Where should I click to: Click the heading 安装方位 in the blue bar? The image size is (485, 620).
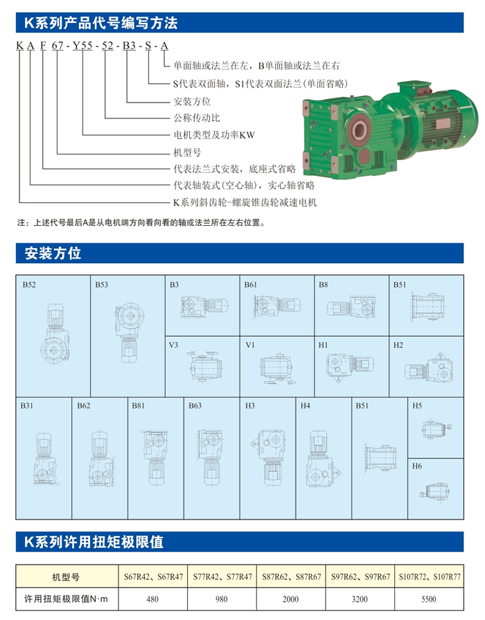[x=53, y=253]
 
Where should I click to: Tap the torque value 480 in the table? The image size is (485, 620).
[x=152, y=599]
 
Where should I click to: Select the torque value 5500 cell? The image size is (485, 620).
[x=429, y=599]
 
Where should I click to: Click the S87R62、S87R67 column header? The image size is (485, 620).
[x=291, y=576]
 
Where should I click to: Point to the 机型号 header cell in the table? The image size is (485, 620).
[x=66, y=577]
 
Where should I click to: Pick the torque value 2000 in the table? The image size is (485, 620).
[x=290, y=599]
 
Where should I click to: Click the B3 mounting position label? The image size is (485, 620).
[x=174, y=285]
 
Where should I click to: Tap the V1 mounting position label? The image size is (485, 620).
[x=250, y=345]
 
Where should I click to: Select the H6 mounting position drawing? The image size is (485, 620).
[x=435, y=490]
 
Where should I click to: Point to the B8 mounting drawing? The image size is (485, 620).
[x=351, y=307]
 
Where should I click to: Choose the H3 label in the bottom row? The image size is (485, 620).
[x=250, y=406]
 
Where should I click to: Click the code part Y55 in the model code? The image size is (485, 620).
[x=82, y=46]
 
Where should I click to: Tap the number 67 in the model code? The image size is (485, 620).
[x=58, y=46]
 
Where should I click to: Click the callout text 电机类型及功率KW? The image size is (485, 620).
[x=214, y=135]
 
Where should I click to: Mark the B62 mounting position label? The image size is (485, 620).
[x=84, y=406]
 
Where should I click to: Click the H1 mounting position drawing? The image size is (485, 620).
[x=350, y=366]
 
